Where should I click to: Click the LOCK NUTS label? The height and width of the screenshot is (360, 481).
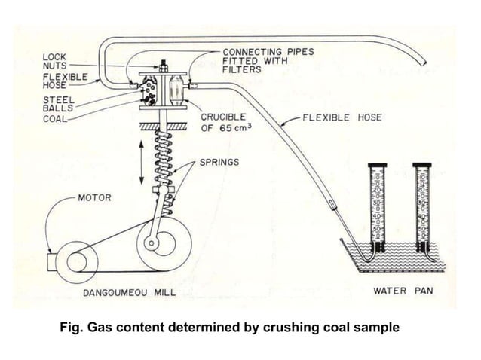(x=54, y=61)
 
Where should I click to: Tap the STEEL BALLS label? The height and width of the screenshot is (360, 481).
(x=56, y=104)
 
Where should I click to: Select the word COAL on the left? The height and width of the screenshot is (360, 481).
(x=54, y=118)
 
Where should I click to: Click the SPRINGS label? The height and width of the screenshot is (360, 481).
(x=220, y=162)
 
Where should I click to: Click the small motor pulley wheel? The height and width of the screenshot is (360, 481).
(x=78, y=261)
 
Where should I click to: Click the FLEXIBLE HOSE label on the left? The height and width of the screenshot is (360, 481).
(x=64, y=81)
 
